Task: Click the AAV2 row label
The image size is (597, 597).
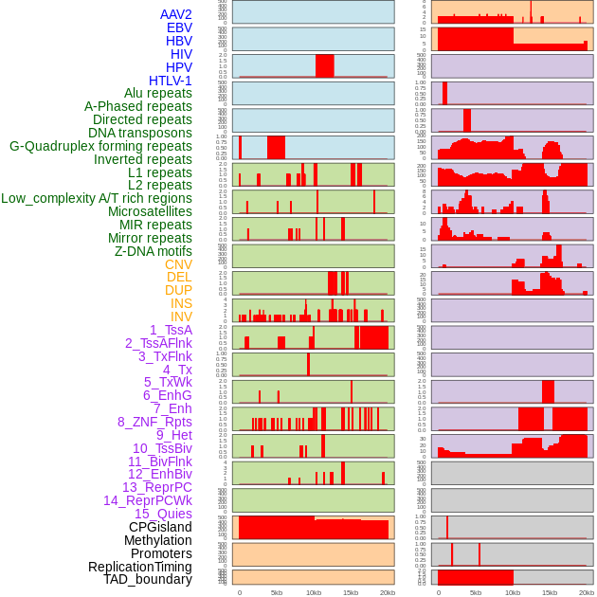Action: point(175,14)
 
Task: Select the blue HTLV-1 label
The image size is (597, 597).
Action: point(170,81)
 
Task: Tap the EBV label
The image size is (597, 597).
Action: point(179,27)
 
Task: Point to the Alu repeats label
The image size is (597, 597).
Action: point(157,93)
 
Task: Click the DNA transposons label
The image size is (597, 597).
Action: point(140,133)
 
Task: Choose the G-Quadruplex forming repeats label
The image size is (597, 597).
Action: point(100,146)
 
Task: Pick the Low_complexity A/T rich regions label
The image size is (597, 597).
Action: point(97,198)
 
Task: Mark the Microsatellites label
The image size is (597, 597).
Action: point(150,211)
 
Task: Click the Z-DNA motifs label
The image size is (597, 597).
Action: point(154,251)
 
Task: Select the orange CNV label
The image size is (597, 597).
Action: point(178,264)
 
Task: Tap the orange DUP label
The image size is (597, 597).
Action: point(178,290)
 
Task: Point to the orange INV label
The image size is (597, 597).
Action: point(181,317)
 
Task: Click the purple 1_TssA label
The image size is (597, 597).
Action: point(171,330)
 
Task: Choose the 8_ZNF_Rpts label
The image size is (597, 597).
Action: point(154,422)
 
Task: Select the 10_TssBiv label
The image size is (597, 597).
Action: point(162,448)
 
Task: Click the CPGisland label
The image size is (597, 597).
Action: point(160,527)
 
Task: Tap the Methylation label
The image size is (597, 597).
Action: point(157,540)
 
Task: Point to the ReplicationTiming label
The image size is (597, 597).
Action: point(139,567)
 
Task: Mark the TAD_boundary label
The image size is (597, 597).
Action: point(147,579)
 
